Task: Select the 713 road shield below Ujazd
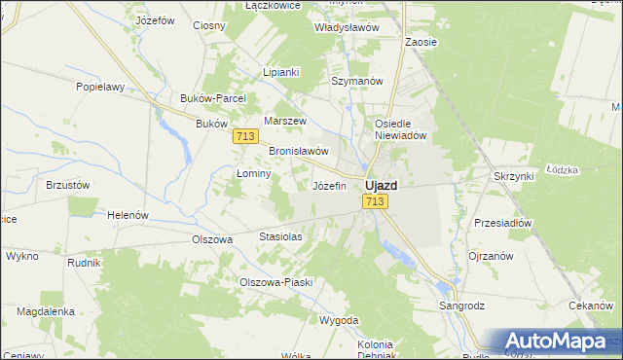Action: point(376,201)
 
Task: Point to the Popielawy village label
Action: point(101,87)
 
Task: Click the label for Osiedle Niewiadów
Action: point(402,130)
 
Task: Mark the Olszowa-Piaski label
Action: point(275,282)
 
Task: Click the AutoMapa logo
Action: point(554,342)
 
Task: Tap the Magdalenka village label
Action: point(46,311)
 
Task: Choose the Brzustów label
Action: point(68,185)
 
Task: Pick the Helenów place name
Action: point(127,215)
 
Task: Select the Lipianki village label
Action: point(281,72)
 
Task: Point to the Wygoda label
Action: point(340,320)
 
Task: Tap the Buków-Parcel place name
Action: point(213,98)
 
